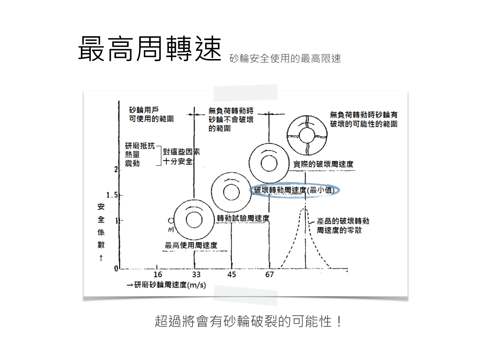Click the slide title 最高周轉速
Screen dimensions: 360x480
point(149,49)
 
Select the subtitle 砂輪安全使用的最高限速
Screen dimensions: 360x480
point(285,58)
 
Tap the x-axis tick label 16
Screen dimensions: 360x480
point(158,275)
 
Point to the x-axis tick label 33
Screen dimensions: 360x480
point(196,275)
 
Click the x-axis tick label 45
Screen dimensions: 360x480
point(231,275)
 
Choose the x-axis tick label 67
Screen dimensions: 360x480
point(269,275)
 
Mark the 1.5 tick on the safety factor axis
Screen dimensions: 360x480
point(112,195)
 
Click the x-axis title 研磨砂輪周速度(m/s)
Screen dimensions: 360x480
point(166,285)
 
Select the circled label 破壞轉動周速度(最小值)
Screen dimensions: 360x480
point(294,190)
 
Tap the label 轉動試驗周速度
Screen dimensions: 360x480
point(243,218)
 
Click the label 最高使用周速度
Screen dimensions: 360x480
point(191,245)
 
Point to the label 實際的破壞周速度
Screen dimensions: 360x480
point(323,164)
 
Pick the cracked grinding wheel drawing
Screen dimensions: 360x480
point(307,135)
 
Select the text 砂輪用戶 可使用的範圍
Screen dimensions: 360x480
point(151,115)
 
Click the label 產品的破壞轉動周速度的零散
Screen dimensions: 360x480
point(343,225)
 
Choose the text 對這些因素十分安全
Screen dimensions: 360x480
point(181,156)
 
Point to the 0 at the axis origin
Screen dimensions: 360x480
point(116,269)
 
